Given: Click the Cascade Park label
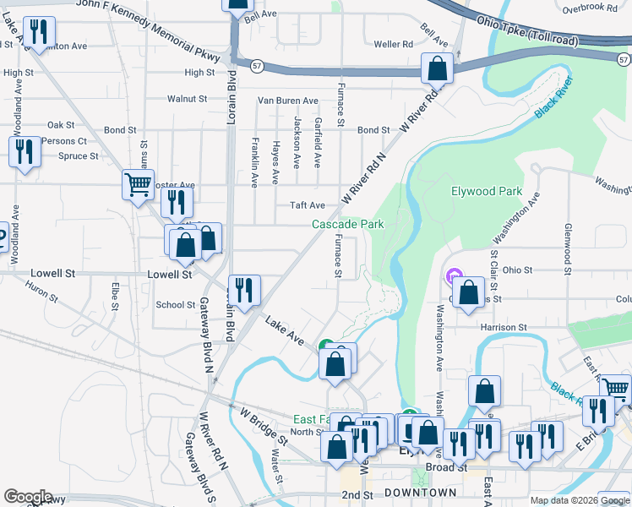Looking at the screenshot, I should click(348, 224).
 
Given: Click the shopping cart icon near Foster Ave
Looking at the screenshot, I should click(138, 183).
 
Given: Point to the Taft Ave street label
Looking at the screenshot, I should click(308, 205).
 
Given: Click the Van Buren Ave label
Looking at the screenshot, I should click(288, 100).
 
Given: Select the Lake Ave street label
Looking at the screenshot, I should click(285, 329).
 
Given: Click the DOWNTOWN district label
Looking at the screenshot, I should click(420, 493).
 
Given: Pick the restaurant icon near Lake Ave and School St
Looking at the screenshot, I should click(243, 290).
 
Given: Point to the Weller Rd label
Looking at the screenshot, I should click(393, 44).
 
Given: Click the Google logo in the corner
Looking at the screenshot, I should click(28, 496).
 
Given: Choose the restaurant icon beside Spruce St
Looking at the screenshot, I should click(25, 152).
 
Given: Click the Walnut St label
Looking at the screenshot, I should click(187, 99).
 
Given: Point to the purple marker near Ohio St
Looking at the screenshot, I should click(453, 276).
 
